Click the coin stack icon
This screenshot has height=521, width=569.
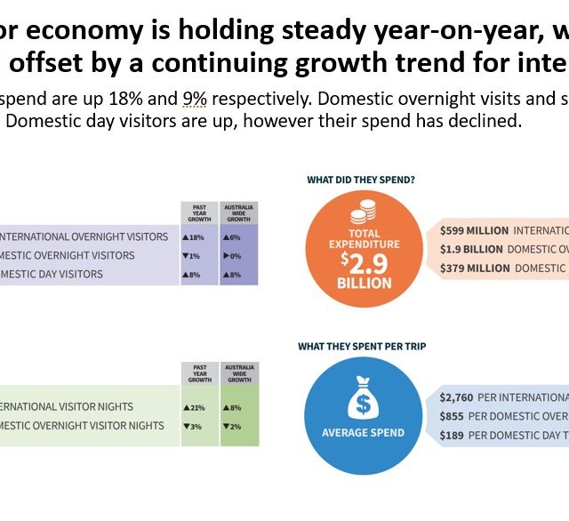point(362,212)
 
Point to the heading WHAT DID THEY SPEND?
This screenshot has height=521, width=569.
point(361,180)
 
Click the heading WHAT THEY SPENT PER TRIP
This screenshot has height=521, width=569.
point(361,346)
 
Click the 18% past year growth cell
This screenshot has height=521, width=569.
point(194,237)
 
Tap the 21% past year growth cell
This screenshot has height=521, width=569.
point(194,407)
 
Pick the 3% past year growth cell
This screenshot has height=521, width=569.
point(192,426)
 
